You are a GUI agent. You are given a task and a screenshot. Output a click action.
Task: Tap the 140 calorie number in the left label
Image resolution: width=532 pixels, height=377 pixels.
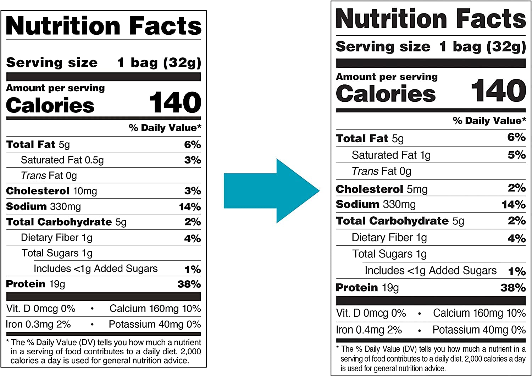tap(175, 102)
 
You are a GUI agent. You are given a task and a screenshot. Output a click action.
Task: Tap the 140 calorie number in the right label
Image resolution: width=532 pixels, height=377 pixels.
tap(498, 90)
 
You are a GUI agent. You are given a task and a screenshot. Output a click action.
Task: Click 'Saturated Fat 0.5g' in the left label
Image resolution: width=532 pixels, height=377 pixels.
tap(62, 160)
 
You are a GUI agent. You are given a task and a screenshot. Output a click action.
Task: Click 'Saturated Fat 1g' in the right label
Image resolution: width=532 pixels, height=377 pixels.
tap(391, 155)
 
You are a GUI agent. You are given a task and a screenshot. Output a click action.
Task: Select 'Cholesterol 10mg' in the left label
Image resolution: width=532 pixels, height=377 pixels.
tap(51, 191)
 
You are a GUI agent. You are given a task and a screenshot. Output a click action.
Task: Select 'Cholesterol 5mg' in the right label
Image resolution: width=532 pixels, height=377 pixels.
tap(382, 189)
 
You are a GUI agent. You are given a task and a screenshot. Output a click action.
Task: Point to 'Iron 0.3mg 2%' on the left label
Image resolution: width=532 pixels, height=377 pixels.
tap(38, 324)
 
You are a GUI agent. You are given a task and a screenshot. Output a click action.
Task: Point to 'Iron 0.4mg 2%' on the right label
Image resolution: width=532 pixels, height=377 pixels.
tap(369, 330)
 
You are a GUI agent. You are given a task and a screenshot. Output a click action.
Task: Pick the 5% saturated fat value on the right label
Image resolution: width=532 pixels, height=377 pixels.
tap(516, 155)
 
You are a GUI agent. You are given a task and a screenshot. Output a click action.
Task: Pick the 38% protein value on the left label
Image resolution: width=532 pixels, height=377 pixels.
tap(189, 284)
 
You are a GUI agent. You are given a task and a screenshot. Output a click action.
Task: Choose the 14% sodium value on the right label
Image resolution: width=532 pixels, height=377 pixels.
tap(514, 205)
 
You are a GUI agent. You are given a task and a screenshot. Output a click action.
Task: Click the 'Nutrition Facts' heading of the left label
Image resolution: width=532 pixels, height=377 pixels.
tap(104, 26)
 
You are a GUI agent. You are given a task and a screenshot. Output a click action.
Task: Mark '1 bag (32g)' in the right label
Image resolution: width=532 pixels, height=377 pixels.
tap(482, 46)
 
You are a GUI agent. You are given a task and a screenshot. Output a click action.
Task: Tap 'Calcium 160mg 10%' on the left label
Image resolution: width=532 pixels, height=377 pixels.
tap(155, 309)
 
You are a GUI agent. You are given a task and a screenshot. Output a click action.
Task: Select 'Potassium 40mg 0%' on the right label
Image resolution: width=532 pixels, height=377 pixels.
tap(479, 330)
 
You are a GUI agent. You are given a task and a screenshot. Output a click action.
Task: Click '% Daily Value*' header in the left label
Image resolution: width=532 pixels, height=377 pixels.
tap(165, 128)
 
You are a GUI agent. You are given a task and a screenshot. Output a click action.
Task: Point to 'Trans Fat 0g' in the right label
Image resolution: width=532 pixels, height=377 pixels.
tap(381, 171)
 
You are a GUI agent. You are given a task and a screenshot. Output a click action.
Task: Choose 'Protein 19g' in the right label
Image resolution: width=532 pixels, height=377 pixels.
tap(367, 288)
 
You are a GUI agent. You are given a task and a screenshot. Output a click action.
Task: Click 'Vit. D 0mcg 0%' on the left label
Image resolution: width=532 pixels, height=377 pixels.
tap(41, 309)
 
